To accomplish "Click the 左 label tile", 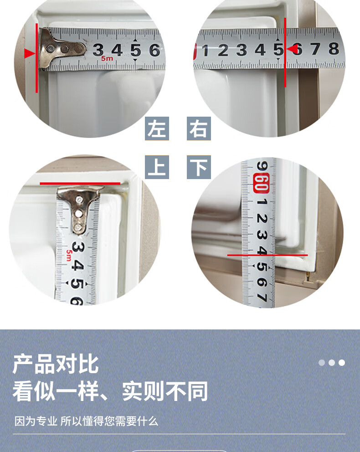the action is [157, 128].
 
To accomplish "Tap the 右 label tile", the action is [199, 128].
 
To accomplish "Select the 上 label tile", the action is [157, 167].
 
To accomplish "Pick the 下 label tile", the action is [199, 167].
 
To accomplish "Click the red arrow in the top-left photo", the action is [30, 53].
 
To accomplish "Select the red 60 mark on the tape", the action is [262, 183].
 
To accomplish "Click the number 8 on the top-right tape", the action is [334, 49].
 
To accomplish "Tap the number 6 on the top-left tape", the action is [155, 50].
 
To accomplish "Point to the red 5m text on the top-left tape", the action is [107, 58].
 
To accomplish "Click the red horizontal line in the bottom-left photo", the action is [80, 183].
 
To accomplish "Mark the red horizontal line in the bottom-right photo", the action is [267, 255].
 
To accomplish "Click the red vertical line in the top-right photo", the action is [285, 52].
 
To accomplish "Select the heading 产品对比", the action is [56, 365].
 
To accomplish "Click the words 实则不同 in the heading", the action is [165, 391].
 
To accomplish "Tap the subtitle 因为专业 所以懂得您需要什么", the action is [86, 421].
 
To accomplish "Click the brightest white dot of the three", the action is [342, 363].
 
